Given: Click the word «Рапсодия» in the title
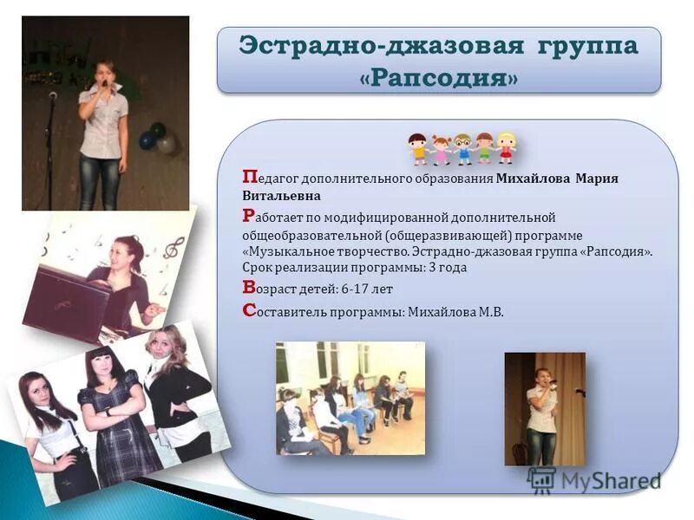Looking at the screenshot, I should pyautogui.click(x=439, y=77).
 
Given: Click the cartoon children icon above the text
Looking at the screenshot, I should pyautogui.click(x=462, y=147).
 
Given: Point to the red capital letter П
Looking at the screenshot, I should pyautogui.click(x=249, y=177).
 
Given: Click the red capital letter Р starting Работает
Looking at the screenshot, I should pyautogui.click(x=249, y=215).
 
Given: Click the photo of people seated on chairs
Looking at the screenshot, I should pyautogui.click(x=350, y=398).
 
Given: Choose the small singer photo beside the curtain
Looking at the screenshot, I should pyautogui.click(x=544, y=408).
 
